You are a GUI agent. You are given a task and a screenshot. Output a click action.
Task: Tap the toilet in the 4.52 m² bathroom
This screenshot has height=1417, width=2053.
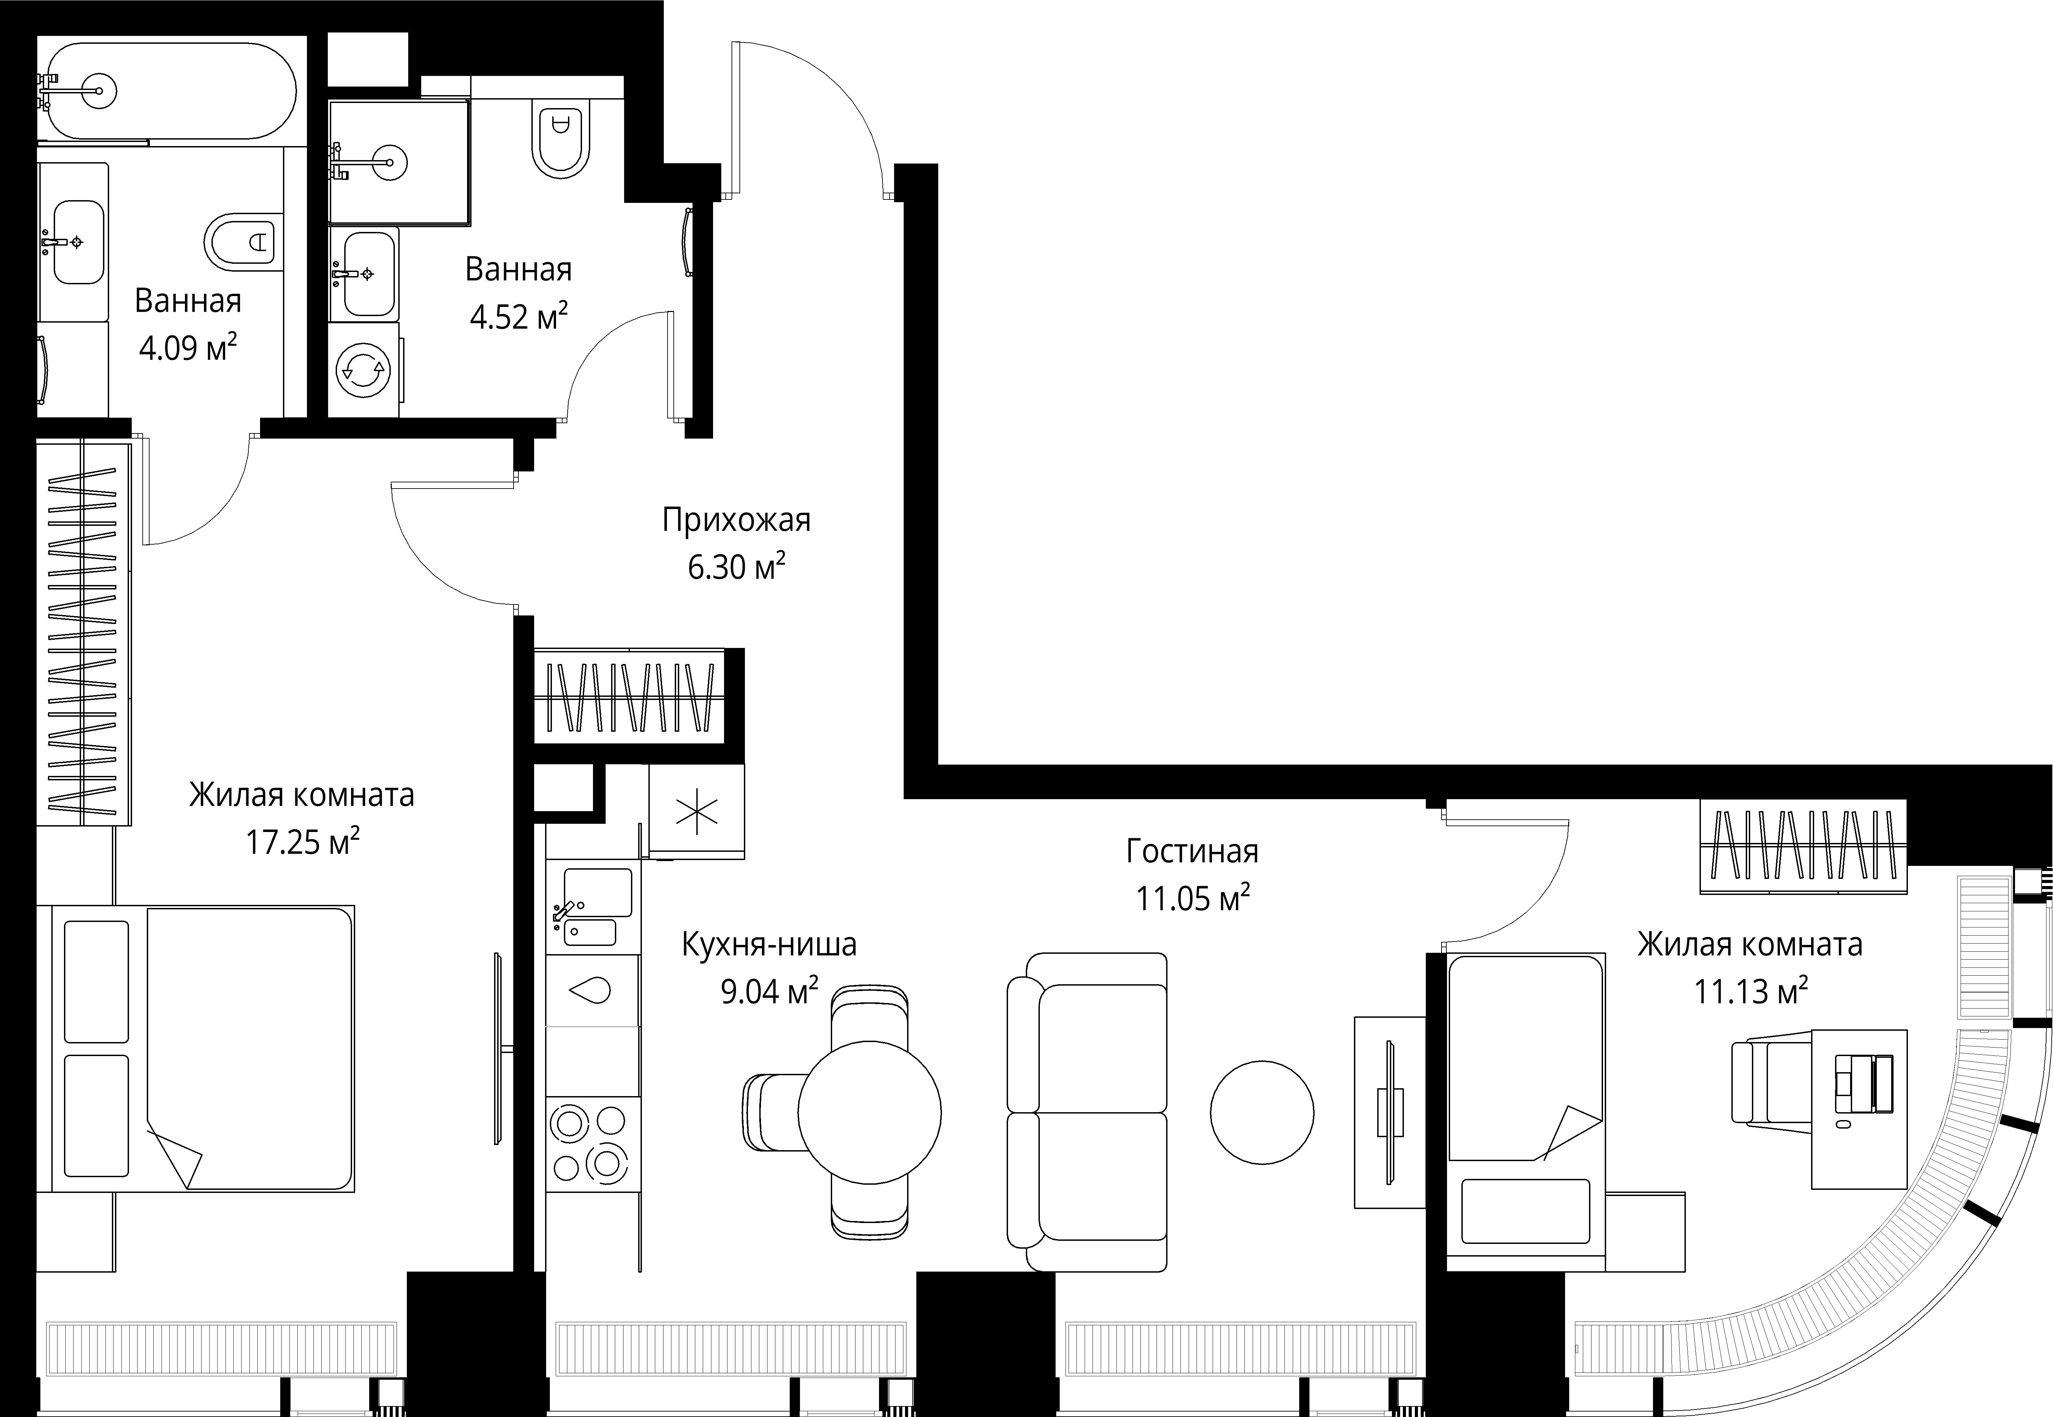click(x=560, y=138)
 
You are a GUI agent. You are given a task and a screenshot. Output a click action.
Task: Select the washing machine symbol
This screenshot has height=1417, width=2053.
click(x=364, y=369)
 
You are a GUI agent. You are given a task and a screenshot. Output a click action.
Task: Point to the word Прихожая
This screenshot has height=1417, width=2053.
click(x=736, y=519)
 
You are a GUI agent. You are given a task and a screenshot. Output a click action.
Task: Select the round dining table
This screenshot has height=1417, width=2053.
click(x=869, y=1113)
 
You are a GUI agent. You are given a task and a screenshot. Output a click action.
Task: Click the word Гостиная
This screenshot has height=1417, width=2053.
click(x=1192, y=851)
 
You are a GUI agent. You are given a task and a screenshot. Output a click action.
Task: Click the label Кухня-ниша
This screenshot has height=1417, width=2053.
click(x=769, y=945)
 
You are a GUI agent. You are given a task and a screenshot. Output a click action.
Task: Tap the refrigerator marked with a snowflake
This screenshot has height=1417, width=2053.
click(x=697, y=811)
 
